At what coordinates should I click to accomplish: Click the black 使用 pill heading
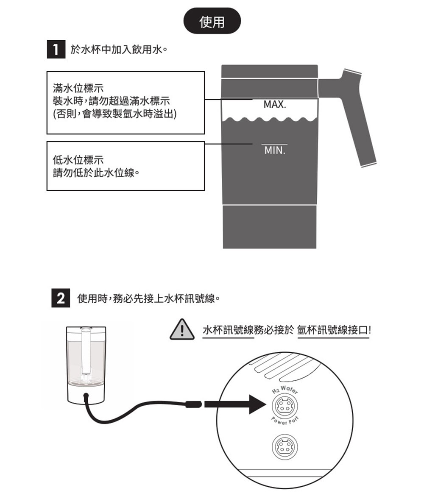click(212, 21)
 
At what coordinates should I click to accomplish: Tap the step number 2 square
click(60, 299)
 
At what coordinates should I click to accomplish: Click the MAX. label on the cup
click(274, 104)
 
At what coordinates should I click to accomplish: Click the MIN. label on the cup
click(274, 151)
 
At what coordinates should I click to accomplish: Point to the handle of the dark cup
click(352, 114)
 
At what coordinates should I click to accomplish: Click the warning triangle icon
click(182, 330)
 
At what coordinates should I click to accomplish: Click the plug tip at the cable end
click(193, 404)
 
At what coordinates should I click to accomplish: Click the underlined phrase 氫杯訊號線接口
click(334, 331)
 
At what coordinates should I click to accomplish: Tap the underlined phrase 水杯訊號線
click(228, 331)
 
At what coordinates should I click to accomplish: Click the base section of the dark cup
click(270, 227)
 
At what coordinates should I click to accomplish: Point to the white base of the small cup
click(86, 395)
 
